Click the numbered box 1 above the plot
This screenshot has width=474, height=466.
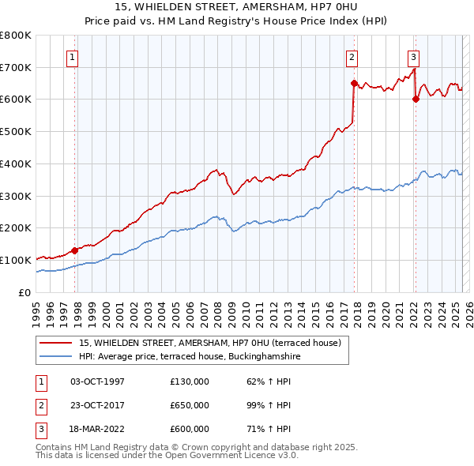click(x=72, y=56)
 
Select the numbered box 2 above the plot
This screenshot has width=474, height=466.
click(x=351, y=56)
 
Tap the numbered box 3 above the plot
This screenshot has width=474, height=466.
click(x=412, y=56)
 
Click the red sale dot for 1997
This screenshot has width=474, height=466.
click(x=75, y=250)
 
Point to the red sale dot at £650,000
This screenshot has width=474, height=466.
click(x=354, y=82)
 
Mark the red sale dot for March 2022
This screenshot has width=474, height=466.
click(x=416, y=99)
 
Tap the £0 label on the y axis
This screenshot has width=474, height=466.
click(x=24, y=292)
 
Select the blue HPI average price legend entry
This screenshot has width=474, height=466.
click(x=190, y=357)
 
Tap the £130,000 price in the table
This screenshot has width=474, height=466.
click(x=190, y=381)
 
